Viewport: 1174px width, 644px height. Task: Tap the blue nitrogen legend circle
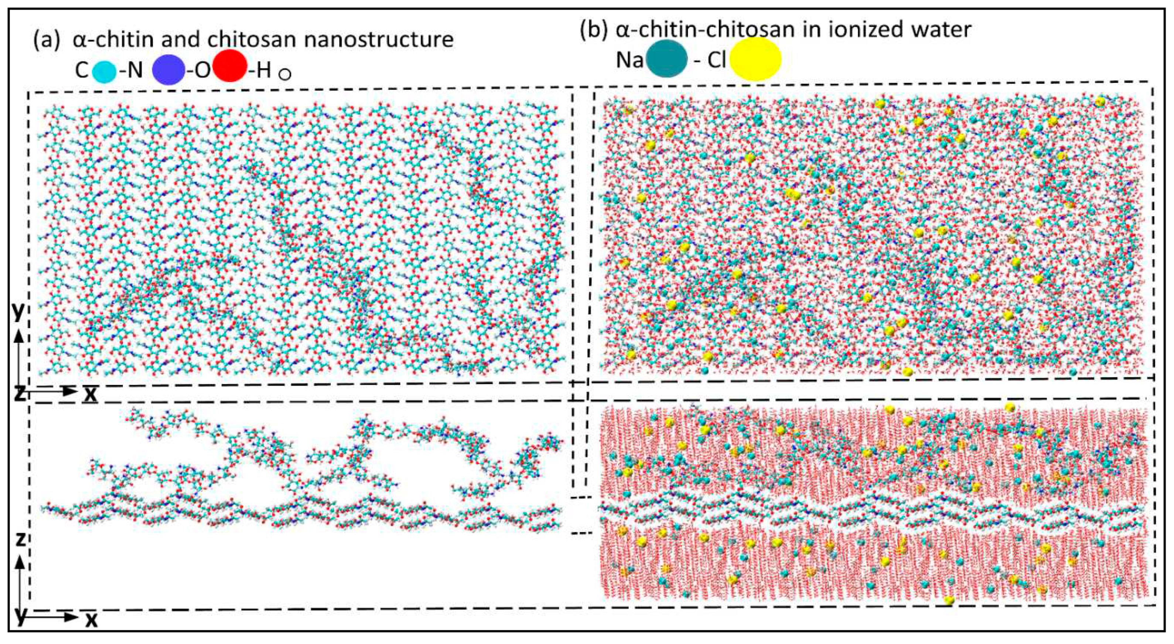click(168, 71)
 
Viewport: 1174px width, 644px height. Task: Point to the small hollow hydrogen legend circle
click(285, 74)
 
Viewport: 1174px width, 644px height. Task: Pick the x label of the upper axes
click(91, 394)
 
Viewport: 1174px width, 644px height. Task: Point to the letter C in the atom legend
click(82, 71)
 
